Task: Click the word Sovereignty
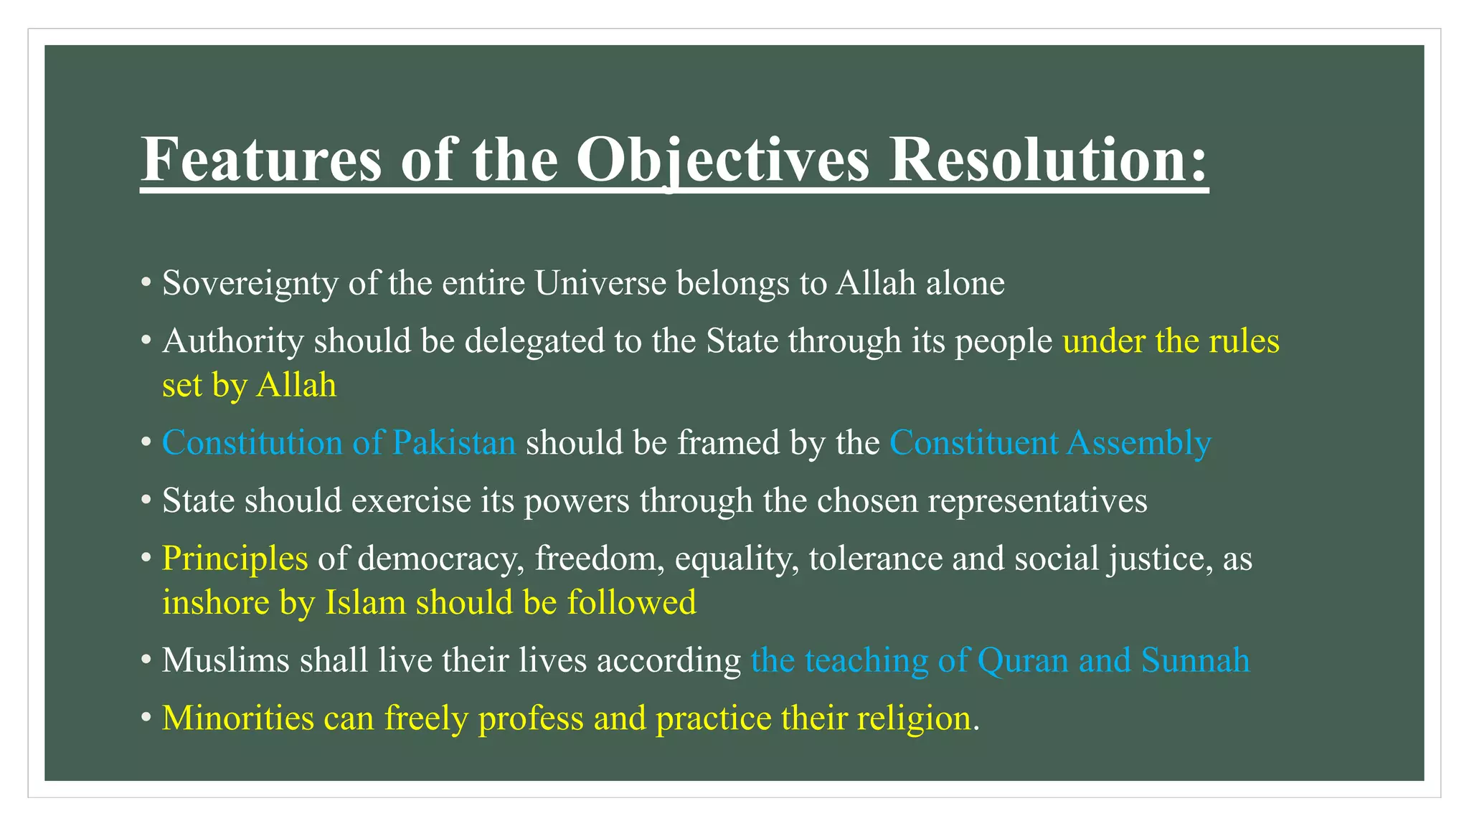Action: tap(250, 283)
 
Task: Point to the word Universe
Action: tap(600, 283)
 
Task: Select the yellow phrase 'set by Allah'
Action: tap(249, 386)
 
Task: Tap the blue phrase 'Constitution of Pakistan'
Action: tap(339, 443)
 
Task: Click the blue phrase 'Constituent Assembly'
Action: tap(1049, 443)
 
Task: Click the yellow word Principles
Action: tap(235, 559)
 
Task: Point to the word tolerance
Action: tap(875, 559)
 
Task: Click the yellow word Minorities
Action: tap(237, 718)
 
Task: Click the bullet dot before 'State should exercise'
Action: tap(146, 501)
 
